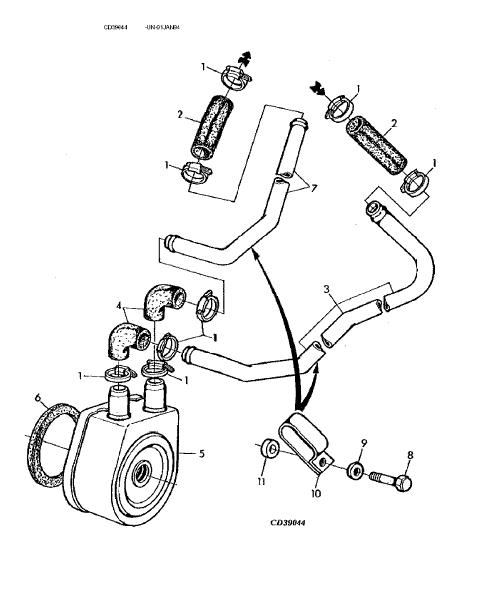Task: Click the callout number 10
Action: coord(316,493)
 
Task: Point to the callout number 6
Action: coord(37,398)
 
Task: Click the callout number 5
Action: coord(202,453)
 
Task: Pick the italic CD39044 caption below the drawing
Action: coord(288,523)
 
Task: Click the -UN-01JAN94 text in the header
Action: coord(162,28)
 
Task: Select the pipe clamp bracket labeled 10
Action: coord(303,436)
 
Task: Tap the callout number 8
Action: coord(410,454)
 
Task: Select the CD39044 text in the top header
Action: coord(116,28)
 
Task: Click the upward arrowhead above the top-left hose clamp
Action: coord(242,57)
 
